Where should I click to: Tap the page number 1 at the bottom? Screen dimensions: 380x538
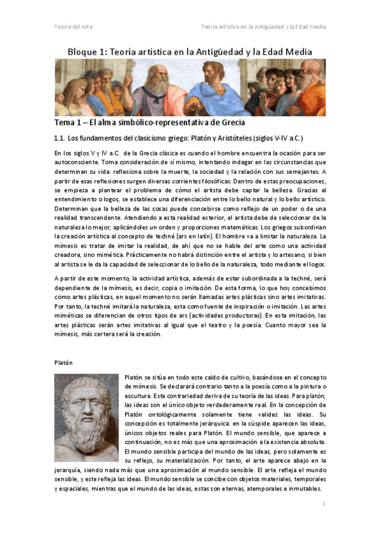324,503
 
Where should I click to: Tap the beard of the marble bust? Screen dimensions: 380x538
87,435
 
